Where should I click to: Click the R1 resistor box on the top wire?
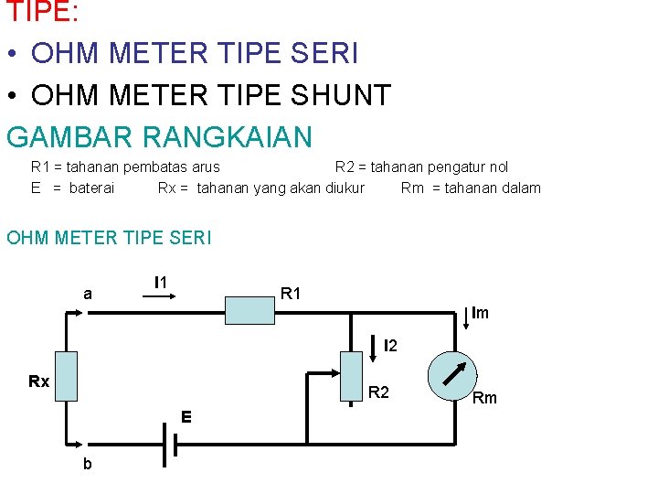coord(250,311)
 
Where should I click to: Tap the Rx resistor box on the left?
coord(66,377)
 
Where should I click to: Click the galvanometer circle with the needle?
coord(453,375)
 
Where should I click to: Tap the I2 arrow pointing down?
coord(374,346)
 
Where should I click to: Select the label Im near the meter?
coord(480,313)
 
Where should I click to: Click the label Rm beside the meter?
coord(484,398)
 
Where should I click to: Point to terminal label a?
coord(87,295)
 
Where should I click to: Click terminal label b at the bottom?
coord(87,464)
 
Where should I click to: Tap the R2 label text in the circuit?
coord(377,392)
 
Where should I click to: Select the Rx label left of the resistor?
coord(38,381)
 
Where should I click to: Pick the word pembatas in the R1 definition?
coord(159,167)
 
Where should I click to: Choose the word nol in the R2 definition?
coord(497,167)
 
